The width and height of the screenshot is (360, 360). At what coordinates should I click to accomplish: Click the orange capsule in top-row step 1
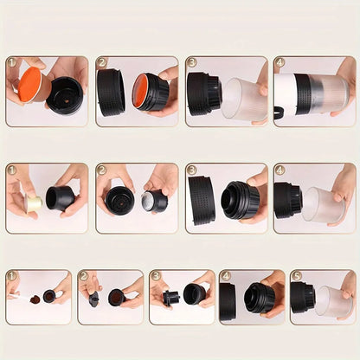(29, 87)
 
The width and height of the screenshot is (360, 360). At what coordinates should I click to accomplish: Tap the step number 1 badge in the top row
(12, 63)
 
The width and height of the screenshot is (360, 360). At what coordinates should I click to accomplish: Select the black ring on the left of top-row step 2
(110, 92)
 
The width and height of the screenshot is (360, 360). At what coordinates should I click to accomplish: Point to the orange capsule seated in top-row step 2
(140, 91)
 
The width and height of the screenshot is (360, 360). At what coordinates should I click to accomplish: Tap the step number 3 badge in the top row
(191, 63)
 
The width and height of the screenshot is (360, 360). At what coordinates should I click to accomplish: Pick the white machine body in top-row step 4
(286, 93)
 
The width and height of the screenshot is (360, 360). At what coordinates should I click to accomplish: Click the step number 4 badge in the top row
(280, 63)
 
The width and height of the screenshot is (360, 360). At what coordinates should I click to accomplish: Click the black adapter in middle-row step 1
(61, 198)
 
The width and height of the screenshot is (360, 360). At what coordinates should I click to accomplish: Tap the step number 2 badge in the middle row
(102, 170)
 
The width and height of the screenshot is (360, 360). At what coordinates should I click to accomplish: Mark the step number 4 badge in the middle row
(280, 170)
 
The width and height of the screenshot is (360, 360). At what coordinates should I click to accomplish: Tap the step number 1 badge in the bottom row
(12, 277)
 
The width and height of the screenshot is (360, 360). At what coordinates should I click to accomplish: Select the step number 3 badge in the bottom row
(155, 277)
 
